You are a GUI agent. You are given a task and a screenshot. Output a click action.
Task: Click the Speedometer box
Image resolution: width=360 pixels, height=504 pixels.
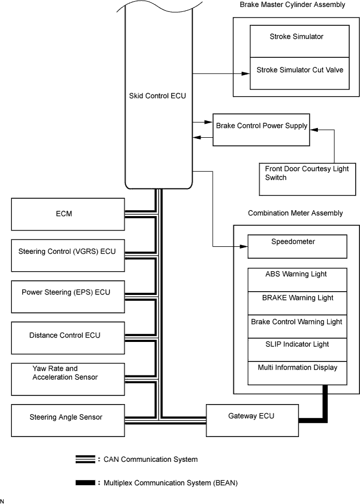click(x=297, y=246)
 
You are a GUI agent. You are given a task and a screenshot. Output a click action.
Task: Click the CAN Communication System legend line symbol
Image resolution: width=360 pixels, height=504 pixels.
click(x=85, y=460)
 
